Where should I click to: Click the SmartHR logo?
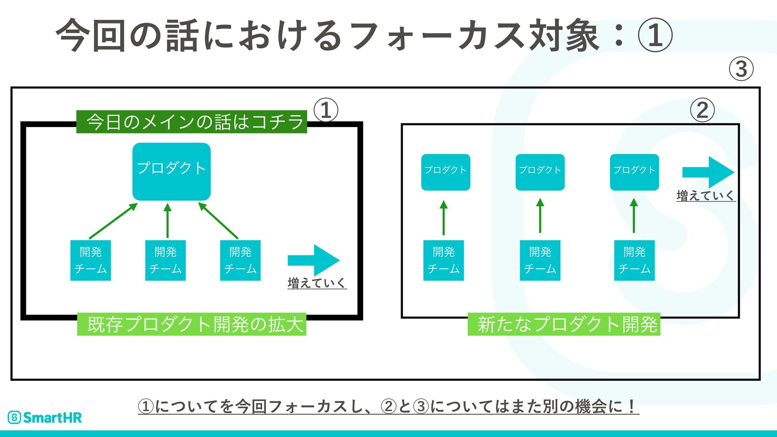45,417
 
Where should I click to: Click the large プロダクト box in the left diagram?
172,172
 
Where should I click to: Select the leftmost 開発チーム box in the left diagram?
91,260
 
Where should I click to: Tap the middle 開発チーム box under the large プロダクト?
166,260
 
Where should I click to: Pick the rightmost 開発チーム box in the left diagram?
240,260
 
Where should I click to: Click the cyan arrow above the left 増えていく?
314,260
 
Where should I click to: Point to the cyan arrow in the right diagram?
708,172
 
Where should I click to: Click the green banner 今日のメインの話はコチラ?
192,122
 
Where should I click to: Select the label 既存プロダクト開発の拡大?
192,324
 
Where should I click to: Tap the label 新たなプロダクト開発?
564,324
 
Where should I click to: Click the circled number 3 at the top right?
741,68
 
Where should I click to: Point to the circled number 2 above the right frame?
702,110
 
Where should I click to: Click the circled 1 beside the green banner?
326,110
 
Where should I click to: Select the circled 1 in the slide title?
655,35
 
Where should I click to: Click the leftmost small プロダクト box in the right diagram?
446,172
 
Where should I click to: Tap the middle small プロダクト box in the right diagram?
540,172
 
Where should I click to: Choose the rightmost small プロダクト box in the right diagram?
634,172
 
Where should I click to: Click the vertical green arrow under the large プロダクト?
168,221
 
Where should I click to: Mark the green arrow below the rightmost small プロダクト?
634,216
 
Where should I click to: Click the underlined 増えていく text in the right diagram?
706,196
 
